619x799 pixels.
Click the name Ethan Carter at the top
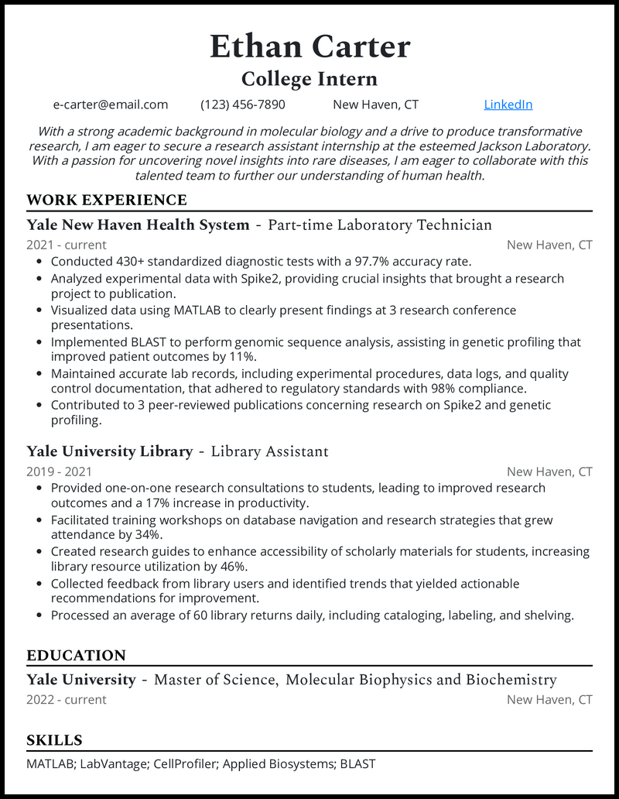tap(309, 47)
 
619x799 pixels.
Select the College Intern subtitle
tap(309, 79)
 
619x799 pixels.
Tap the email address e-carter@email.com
tap(111, 105)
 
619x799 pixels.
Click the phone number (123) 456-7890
tap(243, 105)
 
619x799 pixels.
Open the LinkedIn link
tap(508, 105)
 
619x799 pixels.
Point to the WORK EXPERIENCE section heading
tap(107, 201)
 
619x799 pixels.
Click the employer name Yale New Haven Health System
tap(138, 225)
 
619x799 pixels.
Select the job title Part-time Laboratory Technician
tap(379, 225)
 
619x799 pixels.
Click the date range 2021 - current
tap(67, 245)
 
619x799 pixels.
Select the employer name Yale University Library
tap(109, 451)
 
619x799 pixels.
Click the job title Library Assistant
tap(269, 451)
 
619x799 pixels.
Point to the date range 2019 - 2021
tap(59, 472)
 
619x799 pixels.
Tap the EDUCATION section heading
tap(76, 656)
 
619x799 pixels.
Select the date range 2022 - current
tap(67, 700)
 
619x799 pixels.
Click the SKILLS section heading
tap(54, 740)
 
